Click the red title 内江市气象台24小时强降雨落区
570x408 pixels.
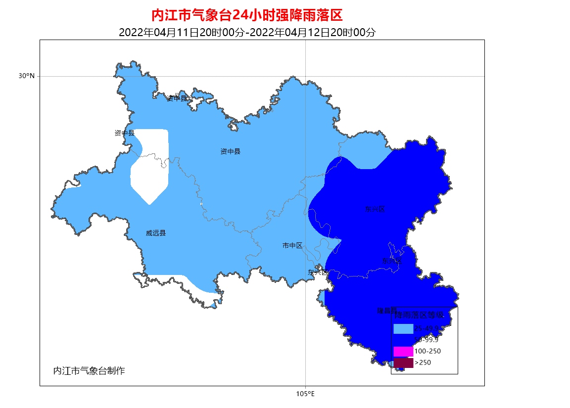(x=246, y=16)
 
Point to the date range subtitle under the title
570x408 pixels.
(x=247, y=33)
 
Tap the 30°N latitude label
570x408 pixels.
(x=27, y=76)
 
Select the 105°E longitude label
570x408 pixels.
(x=305, y=394)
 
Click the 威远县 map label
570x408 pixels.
(x=156, y=233)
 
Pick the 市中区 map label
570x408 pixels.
(x=292, y=245)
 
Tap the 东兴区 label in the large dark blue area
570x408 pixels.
(x=375, y=209)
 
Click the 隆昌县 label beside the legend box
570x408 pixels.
(x=386, y=311)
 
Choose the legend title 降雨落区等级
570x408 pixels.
(x=423, y=315)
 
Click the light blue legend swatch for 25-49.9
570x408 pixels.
(x=403, y=328)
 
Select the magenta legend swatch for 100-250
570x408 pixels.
(x=403, y=351)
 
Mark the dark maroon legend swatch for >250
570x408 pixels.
(x=403, y=363)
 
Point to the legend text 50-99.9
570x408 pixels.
(x=427, y=340)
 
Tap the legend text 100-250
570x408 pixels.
(x=427, y=351)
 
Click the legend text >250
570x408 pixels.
(x=423, y=363)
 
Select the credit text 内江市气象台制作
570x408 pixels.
(x=89, y=371)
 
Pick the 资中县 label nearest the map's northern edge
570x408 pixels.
(x=177, y=98)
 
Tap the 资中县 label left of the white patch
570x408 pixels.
(x=124, y=133)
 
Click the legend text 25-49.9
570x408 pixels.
(x=427, y=328)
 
